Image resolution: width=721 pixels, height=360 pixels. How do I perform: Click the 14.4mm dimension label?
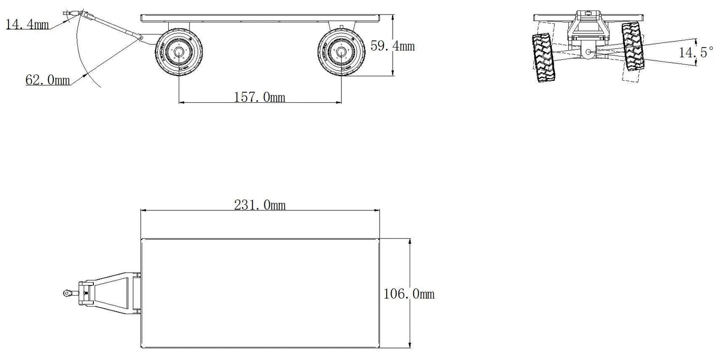(x=27, y=24)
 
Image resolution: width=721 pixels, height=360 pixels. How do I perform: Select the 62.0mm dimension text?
(x=47, y=79)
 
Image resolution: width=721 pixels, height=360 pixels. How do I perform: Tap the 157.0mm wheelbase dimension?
(x=259, y=97)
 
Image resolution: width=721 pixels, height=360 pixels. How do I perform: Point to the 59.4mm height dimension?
(x=393, y=46)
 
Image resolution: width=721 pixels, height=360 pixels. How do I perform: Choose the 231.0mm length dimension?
(x=260, y=205)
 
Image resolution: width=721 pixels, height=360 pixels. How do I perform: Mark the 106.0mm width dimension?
(x=409, y=294)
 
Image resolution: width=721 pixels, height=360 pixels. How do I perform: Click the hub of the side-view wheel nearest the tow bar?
(x=178, y=52)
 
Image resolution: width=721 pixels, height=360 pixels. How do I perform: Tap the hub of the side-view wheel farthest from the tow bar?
(x=341, y=52)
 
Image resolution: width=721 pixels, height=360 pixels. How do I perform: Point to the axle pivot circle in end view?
(x=588, y=51)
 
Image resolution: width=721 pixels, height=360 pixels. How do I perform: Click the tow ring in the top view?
(x=66, y=294)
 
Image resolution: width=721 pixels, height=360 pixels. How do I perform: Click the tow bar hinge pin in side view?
(x=142, y=38)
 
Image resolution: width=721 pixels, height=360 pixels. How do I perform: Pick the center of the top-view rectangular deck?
(x=260, y=294)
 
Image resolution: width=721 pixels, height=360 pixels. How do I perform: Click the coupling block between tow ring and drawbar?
(x=85, y=294)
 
